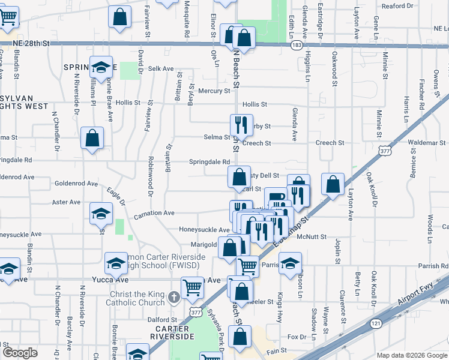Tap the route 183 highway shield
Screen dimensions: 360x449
296,46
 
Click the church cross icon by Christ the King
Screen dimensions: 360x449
173,296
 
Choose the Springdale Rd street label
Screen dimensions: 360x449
210,162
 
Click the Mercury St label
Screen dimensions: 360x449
215,91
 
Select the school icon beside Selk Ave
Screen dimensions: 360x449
101,67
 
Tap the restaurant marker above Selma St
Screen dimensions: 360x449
241,125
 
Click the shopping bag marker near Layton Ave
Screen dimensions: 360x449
333,184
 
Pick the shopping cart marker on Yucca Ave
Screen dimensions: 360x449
192,287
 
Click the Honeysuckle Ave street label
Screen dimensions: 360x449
205,230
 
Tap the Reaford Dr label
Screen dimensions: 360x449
398,6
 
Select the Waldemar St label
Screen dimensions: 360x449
428,143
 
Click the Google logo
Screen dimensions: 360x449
20,352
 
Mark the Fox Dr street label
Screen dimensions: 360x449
297,337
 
